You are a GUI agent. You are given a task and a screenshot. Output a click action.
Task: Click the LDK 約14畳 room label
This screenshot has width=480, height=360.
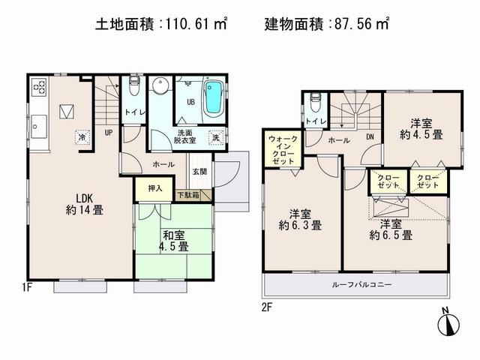tap(83, 204)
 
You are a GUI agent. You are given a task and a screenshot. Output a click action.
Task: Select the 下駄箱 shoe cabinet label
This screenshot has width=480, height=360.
tap(188, 196)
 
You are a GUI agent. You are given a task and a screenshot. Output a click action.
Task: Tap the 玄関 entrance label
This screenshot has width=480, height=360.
tap(199, 172)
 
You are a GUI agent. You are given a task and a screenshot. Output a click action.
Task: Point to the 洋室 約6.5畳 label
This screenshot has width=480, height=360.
tap(394, 229)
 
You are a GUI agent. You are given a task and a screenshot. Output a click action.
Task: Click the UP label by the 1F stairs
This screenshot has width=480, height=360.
tap(109, 132)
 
